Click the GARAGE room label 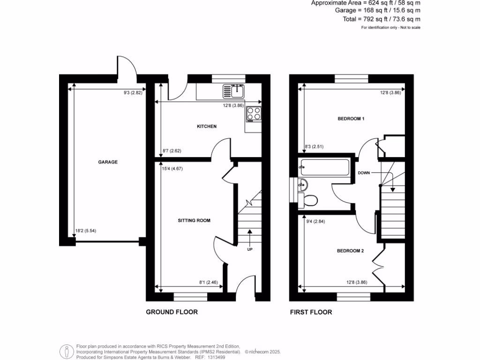coord(108,162)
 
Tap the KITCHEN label coord(206,127)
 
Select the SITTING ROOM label coord(194,220)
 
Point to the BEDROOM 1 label coord(351,119)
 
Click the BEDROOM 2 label coord(350,251)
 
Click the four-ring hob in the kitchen coord(254,114)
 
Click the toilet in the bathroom coord(310,200)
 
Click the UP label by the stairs coord(250,249)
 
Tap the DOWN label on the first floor coord(364,173)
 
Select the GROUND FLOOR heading coord(172,312)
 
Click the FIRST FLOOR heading coord(311,312)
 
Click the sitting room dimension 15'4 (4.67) coord(172,169)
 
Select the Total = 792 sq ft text coord(381,19)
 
